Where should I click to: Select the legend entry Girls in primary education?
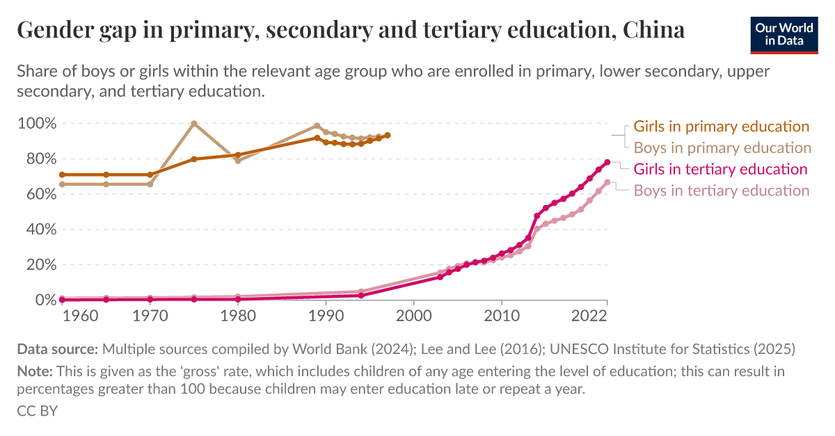[x=721, y=127]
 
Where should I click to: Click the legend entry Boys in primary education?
[x=722, y=148]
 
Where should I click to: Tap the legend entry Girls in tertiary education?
[x=720, y=169]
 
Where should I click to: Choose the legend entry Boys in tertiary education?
[x=722, y=191]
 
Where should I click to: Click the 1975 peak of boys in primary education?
[x=194, y=124]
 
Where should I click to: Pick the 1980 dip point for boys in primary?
[x=238, y=161]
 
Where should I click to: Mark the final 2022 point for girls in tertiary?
[x=607, y=162]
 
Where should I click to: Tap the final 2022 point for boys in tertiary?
[x=607, y=182]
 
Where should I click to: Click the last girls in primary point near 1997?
[x=388, y=135]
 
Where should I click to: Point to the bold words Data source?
[x=58, y=348]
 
